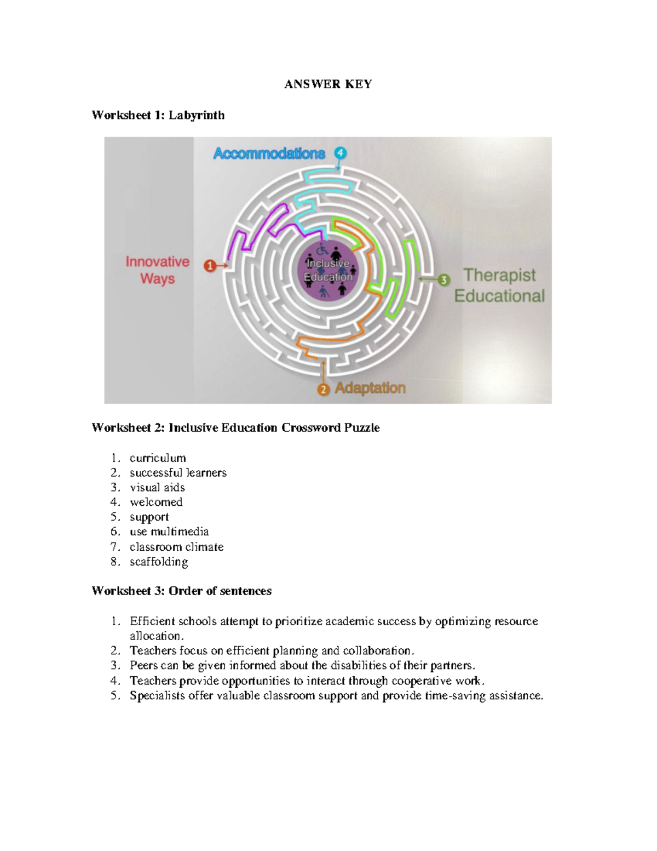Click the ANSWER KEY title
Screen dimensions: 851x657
tap(328, 84)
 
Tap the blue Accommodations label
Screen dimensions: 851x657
tap(269, 153)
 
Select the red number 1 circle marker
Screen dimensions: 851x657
tap(210, 266)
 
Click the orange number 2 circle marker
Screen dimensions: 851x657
tap(324, 389)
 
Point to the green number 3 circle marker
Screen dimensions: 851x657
tap(443, 280)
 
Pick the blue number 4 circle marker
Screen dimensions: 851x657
tap(341, 152)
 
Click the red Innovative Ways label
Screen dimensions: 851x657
tap(157, 270)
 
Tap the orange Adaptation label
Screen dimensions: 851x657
tap(370, 388)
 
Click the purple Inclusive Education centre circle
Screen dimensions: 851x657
tap(328, 271)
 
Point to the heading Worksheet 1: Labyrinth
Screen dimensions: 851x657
tap(158, 115)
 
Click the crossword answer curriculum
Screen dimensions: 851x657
tap(158, 458)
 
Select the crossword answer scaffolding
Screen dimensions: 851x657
tap(159, 562)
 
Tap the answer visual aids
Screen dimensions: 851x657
tap(157, 488)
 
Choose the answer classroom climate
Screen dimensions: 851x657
tap(176, 547)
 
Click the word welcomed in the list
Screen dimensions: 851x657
tap(156, 502)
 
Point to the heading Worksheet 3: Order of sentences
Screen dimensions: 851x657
tap(181, 591)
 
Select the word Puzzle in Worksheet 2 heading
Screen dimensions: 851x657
tap(361, 428)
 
